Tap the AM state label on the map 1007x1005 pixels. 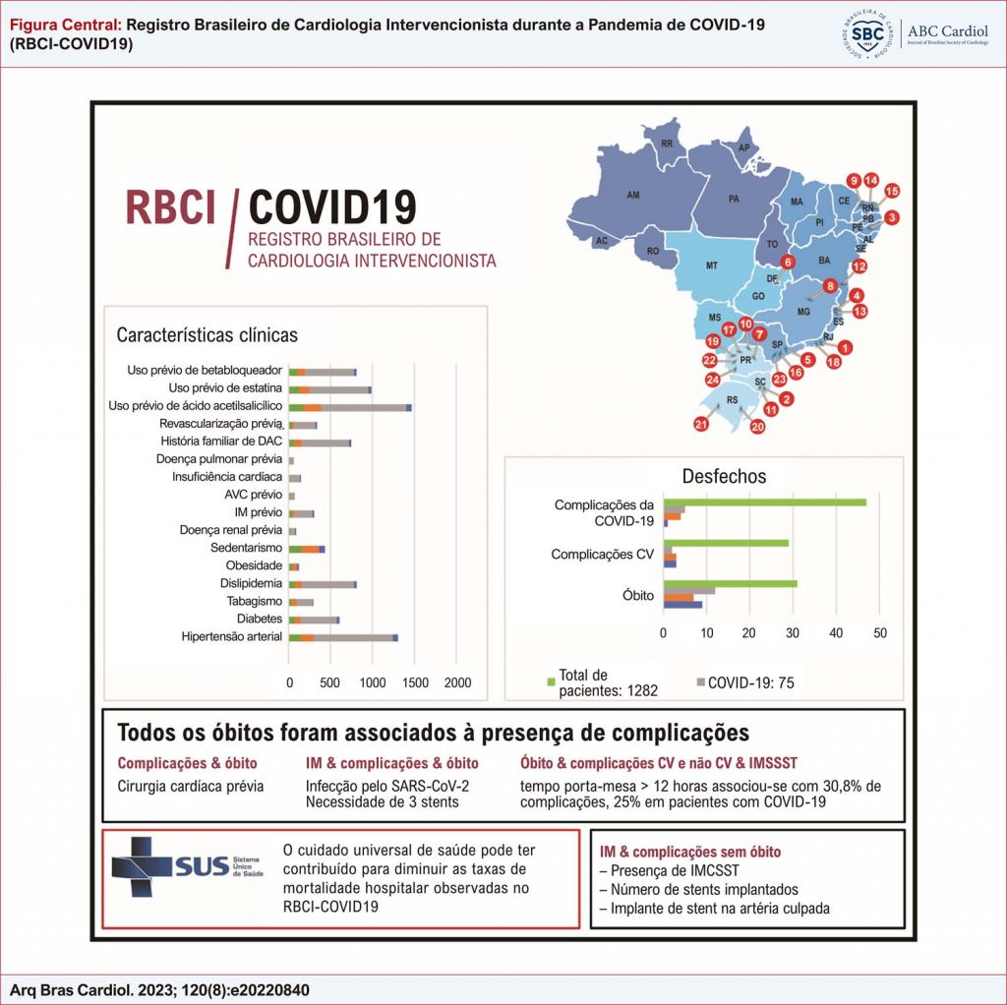[x=633, y=196]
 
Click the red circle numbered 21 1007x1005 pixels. [x=701, y=424]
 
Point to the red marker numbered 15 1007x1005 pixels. [x=891, y=191]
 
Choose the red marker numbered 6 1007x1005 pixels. [x=787, y=262]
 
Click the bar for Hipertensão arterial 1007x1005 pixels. [x=343, y=637]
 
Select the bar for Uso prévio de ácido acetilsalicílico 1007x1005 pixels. [x=350, y=406]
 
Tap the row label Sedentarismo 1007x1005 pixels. [x=247, y=548]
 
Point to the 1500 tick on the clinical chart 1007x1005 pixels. [x=414, y=682]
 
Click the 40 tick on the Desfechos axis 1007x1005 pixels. [x=836, y=632]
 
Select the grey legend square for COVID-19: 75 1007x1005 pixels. [x=700, y=680]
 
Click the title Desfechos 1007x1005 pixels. [x=724, y=477]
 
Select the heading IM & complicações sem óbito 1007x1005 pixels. [x=690, y=852]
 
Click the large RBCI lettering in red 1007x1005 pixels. [x=170, y=207]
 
